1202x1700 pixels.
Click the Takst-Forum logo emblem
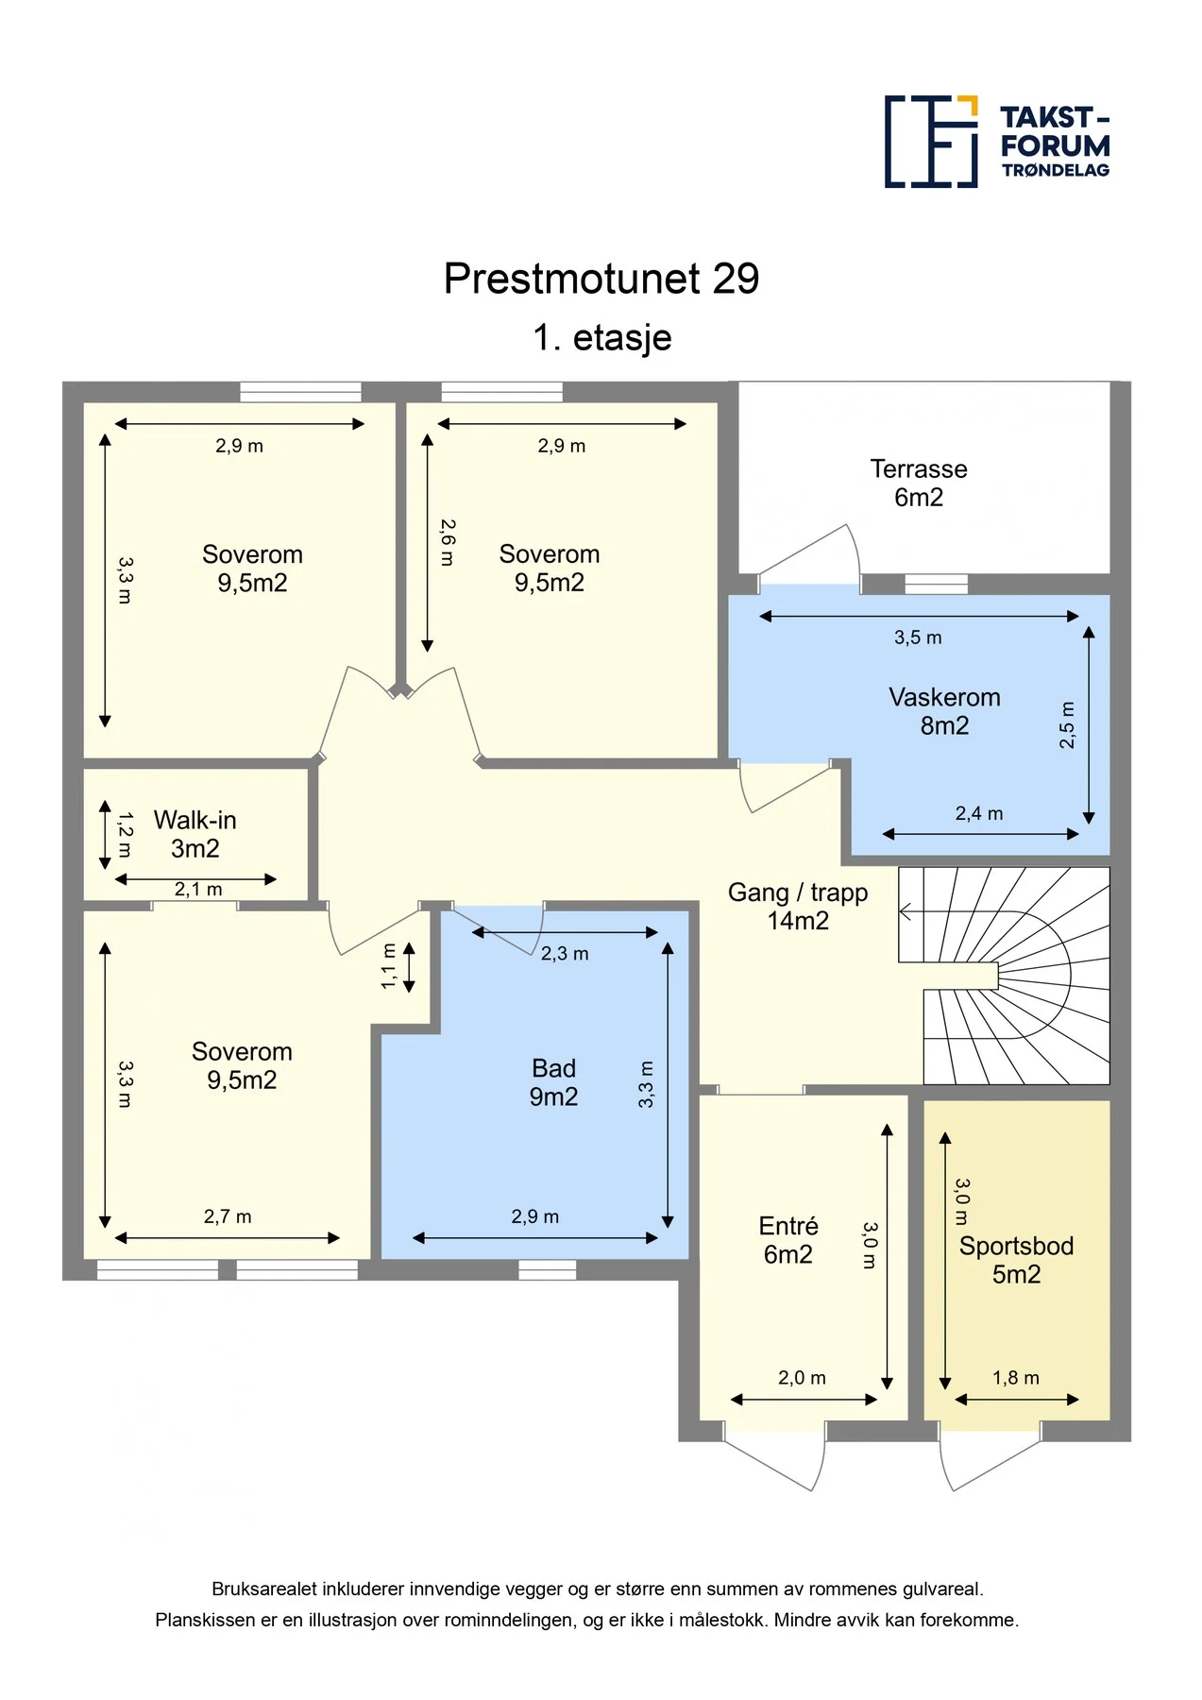[x=931, y=142]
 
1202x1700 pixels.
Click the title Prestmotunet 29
[x=601, y=279]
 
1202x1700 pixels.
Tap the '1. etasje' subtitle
[x=602, y=337]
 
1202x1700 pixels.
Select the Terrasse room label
[x=919, y=483]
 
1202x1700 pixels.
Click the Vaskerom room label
[x=944, y=711]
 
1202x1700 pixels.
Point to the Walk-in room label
[x=195, y=834]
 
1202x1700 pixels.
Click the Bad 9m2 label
[x=553, y=1082]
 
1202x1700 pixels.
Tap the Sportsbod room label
[x=1016, y=1260]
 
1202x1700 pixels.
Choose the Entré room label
[x=788, y=1240]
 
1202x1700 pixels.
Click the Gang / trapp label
[x=798, y=907]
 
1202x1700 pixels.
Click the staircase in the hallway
[x=1004, y=976]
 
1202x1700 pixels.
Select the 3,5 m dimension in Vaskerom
[x=918, y=637]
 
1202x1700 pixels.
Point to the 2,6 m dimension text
[x=447, y=542]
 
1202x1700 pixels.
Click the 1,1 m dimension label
[x=388, y=966]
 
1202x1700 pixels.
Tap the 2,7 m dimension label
[x=228, y=1216]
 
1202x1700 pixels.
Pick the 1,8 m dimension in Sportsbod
[x=1015, y=1378]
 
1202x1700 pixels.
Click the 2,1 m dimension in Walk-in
[x=198, y=890]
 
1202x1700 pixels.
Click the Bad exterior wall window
[x=547, y=1270]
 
